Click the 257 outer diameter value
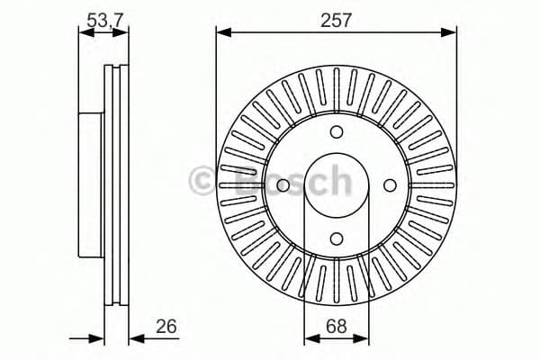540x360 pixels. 336,17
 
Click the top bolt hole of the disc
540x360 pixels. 337,132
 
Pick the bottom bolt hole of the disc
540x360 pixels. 337,238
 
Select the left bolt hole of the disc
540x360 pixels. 283,185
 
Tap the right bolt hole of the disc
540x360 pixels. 390,185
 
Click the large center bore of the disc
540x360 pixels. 337,185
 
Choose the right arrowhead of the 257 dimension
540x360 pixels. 451,33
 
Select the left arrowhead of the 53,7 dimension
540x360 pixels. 84,33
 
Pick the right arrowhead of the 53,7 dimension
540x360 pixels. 122,33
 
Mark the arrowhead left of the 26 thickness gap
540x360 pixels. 99,339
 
